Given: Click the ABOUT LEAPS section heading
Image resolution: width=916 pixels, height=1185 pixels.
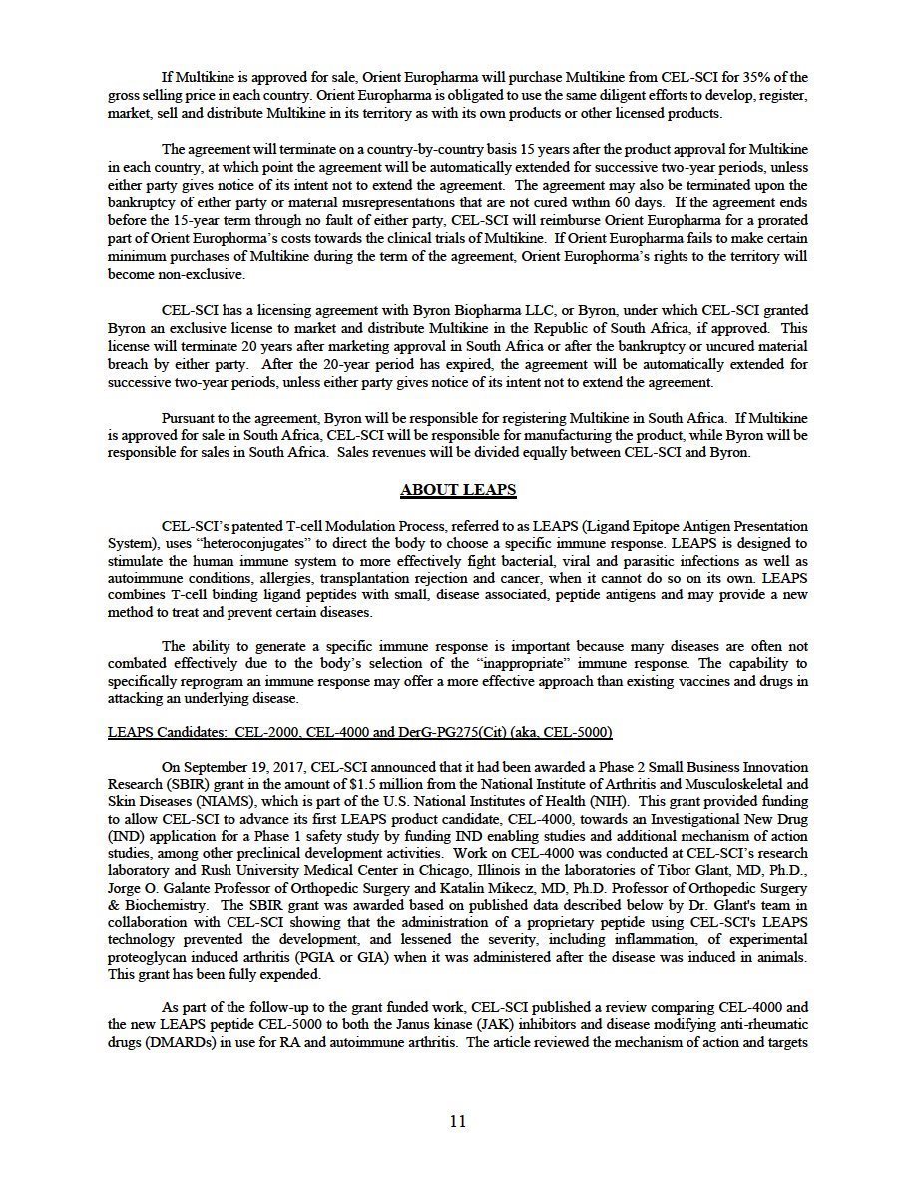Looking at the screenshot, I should pos(458,490).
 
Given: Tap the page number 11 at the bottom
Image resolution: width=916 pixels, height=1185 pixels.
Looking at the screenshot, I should pos(458,1121).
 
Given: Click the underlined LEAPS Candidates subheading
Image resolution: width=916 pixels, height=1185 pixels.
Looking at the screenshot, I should pos(359,732).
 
